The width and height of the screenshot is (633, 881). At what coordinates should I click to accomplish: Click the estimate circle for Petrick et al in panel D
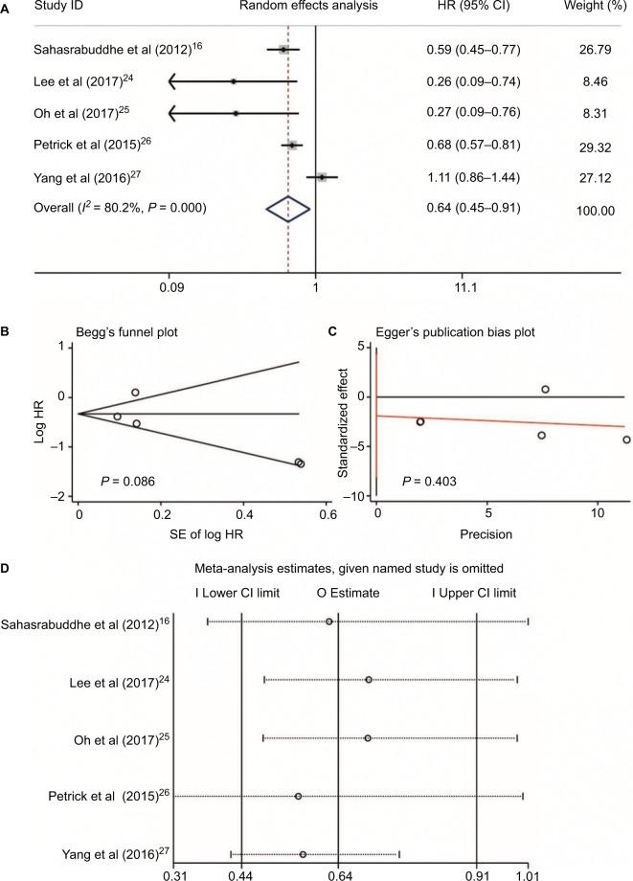pyautogui.click(x=298, y=797)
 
